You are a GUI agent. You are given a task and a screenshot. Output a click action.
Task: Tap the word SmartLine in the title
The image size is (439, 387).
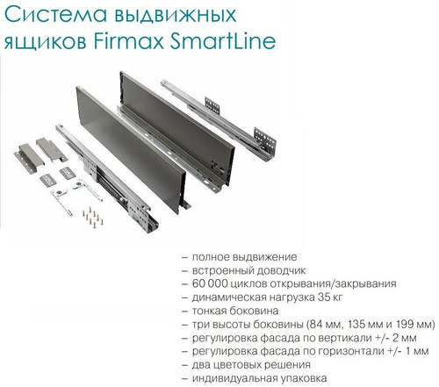coord(223,40)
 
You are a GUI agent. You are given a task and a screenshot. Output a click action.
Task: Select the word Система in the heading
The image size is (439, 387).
coord(55,14)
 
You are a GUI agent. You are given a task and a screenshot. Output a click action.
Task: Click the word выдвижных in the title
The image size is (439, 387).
coord(176,14)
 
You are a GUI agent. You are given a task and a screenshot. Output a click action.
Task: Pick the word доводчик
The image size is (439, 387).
coord(281,270)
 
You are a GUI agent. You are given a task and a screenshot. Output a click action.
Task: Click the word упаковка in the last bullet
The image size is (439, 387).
coord(304,378)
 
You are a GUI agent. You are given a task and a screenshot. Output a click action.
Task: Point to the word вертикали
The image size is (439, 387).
coord(344,338)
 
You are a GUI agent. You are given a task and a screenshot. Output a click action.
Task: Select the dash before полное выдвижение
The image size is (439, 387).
coord(184,258)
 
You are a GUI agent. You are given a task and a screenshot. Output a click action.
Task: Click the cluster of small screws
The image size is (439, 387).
coord(92,217)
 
